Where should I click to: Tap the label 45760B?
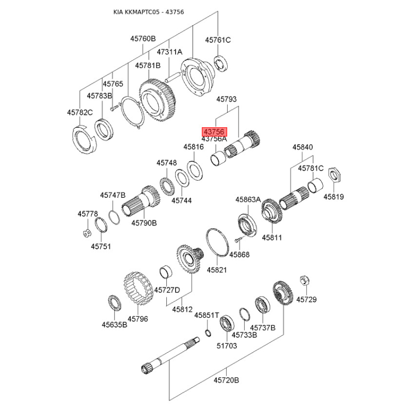(143, 39)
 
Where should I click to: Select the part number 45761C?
(218, 40)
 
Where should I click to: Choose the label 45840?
(303, 147)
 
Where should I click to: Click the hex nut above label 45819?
(333, 176)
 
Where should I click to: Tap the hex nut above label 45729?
(304, 280)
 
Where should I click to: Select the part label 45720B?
(227, 381)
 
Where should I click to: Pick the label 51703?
(227, 346)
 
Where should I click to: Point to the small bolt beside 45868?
(236, 241)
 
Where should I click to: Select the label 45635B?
(114, 324)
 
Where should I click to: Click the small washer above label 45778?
(87, 232)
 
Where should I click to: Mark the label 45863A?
(248, 199)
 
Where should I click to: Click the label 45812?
(182, 310)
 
